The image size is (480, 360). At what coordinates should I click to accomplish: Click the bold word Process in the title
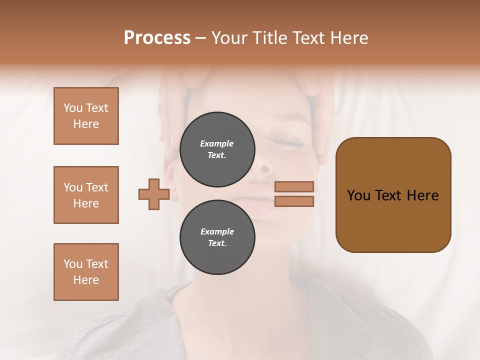[x=157, y=38]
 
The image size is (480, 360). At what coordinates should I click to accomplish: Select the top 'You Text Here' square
[x=86, y=116]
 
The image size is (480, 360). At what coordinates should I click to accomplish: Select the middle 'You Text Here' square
[x=86, y=195]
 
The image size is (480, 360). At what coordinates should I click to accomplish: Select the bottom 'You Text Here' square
[x=86, y=272]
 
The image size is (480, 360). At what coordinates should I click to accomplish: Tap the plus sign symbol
[x=154, y=194]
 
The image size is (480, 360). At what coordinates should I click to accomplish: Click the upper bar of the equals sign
[x=294, y=186]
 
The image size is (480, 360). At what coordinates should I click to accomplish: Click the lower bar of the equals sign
[x=294, y=201]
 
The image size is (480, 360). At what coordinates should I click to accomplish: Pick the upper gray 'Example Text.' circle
[x=217, y=149]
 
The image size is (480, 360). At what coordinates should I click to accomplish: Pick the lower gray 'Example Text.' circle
[x=217, y=237]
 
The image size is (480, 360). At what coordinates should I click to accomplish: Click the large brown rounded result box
[x=393, y=194]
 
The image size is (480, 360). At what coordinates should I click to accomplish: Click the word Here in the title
[x=348, y=38]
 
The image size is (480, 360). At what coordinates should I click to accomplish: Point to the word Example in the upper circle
[x=217, y=143]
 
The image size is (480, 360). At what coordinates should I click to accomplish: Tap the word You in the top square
[x=72, y=108]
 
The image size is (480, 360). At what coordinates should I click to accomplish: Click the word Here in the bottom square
[x=86, y=280]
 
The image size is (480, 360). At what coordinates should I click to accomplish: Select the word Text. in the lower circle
[x=217, y=243]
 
